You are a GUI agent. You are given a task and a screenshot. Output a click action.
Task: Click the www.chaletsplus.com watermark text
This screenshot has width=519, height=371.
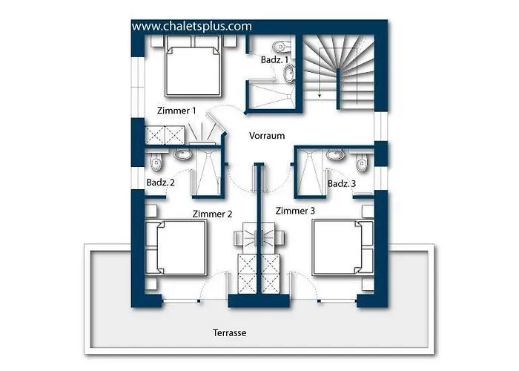[191, 26]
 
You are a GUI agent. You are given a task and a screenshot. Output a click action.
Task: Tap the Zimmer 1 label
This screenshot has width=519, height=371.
[176, 111]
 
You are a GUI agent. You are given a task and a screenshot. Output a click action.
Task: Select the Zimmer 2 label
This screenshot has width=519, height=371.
[212, 214]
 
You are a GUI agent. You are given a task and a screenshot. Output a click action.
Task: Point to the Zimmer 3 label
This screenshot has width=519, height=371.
[295, 211]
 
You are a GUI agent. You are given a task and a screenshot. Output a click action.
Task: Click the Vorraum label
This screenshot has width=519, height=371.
[267, 136]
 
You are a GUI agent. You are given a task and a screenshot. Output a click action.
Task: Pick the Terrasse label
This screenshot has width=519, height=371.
[229, 332]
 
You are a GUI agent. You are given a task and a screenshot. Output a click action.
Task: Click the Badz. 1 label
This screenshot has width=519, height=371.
[274, 60]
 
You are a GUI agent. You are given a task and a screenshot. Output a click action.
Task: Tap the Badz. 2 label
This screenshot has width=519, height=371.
[161, 183]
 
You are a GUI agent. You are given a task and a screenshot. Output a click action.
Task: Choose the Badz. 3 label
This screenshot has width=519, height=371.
[342, 183]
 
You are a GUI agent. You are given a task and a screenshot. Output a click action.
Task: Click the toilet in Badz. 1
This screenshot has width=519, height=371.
[282, 46]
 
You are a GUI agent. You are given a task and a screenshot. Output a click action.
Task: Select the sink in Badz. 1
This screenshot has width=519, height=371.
[290, 73]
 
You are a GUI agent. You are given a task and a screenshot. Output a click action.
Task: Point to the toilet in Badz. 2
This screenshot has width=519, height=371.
[156, 162]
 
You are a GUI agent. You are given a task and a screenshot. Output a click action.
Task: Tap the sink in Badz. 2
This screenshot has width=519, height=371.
[182, 154]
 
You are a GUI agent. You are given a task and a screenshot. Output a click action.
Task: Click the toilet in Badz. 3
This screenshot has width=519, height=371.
[362, 162]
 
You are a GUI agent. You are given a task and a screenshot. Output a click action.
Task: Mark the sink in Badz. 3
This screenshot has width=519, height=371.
[336, 154]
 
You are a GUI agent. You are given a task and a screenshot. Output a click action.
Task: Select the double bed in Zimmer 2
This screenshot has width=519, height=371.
[176, 247]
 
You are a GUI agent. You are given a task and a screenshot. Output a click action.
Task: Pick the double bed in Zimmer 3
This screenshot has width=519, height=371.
[343, 247]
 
